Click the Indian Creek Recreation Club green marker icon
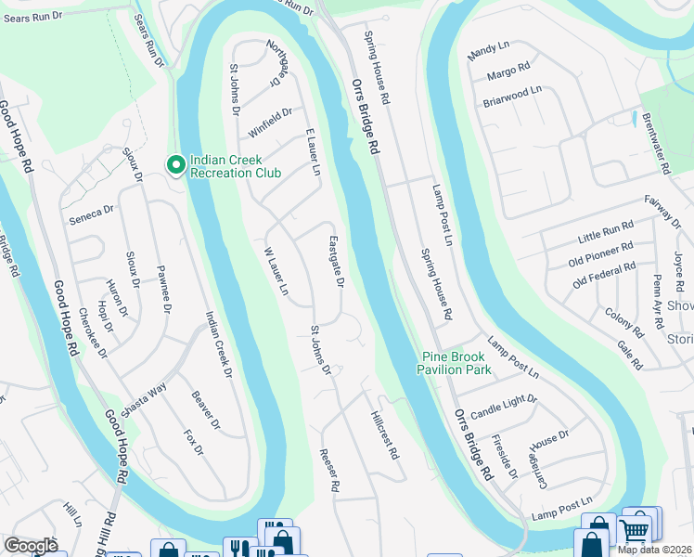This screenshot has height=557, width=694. pyautogui.click(x=175, y=165)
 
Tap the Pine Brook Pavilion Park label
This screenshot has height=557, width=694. pyautogui.click(x=456, y=363)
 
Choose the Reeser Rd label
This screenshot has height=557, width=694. pyautogui.click(x=330, y=470)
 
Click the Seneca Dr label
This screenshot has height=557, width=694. pyautogui.click(x=91, y=214)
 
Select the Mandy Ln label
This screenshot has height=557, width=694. pyautogui.click(x=489, y=51)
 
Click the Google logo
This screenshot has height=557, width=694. pyautogui.click(x=32, y=545)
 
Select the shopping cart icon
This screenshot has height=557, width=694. pyautogui.click(x=635, y=530)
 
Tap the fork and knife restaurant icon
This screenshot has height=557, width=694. pyautogui.click(x=239, y=549)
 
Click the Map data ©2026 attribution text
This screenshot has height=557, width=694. pyautogui.click(x=654, y=550)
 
